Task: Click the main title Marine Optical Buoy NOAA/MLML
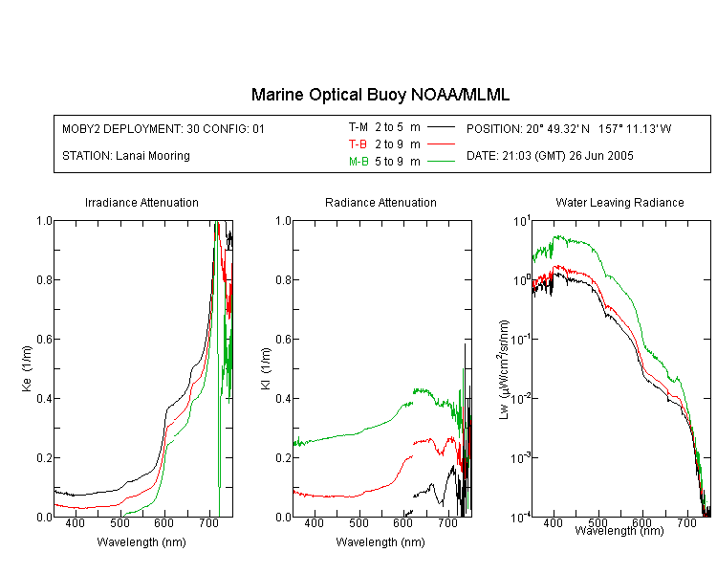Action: pos(380,95)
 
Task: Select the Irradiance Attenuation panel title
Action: pos(141,202)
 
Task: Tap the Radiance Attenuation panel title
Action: pos(380,202)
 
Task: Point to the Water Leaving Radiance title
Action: pos(619,202)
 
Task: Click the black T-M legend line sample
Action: pos(441,127)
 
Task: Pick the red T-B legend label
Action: pos(358,144)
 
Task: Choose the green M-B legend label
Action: pos(358,161)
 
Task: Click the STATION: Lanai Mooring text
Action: pos(126,156)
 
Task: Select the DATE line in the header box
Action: pos(550,156)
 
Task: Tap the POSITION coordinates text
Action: pos(569,128)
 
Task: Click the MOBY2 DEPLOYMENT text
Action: pos(163,128)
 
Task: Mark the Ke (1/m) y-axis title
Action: pos(27,368)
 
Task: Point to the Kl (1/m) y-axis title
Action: pos(266,368)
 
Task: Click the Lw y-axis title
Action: pos(504,369)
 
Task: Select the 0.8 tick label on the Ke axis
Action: pos(44,279)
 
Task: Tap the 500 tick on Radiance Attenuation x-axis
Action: pos(359,522)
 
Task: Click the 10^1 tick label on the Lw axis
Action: pos(522,222)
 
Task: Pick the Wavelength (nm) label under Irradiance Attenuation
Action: pos(141,542)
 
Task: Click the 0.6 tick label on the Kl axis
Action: pos(284,340)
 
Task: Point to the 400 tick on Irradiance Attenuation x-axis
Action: pos(76,522)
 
